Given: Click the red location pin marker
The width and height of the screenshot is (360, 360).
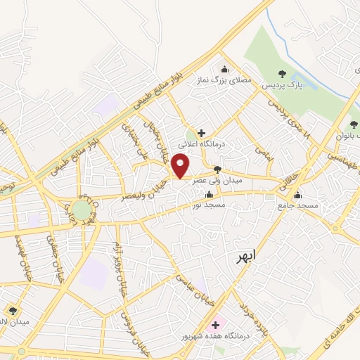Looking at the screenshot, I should [x=181, y=166].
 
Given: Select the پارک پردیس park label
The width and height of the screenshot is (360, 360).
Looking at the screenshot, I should [x=281, y=85].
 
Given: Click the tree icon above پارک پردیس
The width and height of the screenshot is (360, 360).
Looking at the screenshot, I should [x=282, y=73].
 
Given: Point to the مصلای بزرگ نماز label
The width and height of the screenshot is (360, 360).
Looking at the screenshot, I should [x=224, y=81].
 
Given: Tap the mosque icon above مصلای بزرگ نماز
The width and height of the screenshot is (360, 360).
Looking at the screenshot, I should [x=224, y=69].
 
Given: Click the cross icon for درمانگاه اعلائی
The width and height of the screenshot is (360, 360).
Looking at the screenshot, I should [x=201, y=132].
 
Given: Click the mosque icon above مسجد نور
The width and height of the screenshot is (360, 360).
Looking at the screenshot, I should [x=207, y=195].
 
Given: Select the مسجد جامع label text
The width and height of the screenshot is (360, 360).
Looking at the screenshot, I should [x=298, y=205].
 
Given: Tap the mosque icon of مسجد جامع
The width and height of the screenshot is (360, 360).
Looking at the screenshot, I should [x=298, y=195].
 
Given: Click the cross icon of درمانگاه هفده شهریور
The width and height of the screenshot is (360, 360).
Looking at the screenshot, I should [x=215, y=325].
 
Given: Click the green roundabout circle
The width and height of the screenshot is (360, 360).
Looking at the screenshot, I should [x=82, y=210].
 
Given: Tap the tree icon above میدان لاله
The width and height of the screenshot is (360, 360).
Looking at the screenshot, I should [x=13, y=310].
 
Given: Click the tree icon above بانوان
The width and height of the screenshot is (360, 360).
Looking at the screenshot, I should [x=354, y=124].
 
